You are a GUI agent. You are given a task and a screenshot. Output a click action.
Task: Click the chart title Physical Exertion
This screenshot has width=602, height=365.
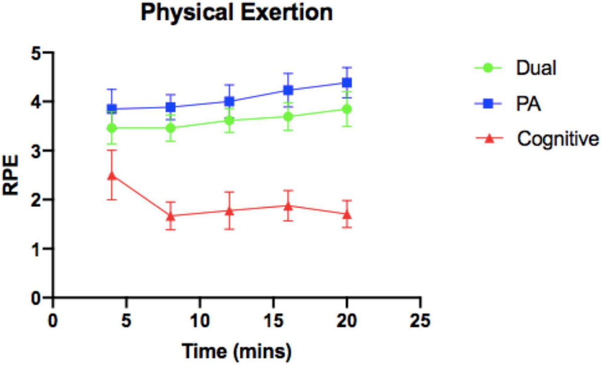coord(237,14)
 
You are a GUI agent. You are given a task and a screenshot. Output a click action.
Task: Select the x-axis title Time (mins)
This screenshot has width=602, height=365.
coord(236,349)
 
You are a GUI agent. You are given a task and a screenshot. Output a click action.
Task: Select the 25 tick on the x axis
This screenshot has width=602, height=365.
coord(419,319)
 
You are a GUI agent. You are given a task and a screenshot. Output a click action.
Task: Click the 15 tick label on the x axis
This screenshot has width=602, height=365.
coord(273,319)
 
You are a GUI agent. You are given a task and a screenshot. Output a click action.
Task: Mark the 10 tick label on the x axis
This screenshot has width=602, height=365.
coord(200,319)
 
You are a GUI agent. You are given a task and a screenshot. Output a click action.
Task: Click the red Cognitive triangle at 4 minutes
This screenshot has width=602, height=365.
coord(112,176)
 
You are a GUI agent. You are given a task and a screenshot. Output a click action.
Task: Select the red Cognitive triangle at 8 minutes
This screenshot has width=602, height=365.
coord(171,216)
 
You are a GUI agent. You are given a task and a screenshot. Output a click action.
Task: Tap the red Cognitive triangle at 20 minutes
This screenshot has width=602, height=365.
coord(346,214)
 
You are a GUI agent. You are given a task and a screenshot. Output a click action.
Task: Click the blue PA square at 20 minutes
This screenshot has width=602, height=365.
coord(346,82)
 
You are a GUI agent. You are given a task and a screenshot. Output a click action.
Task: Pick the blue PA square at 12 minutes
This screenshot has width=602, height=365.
coord(229,101)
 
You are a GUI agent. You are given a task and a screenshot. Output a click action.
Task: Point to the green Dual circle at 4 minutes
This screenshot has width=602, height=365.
coord(112,128)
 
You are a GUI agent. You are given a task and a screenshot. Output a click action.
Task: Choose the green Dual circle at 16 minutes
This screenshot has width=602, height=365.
coord(288,116)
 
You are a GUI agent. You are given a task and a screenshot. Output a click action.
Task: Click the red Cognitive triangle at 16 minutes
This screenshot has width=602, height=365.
coord(288,206)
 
